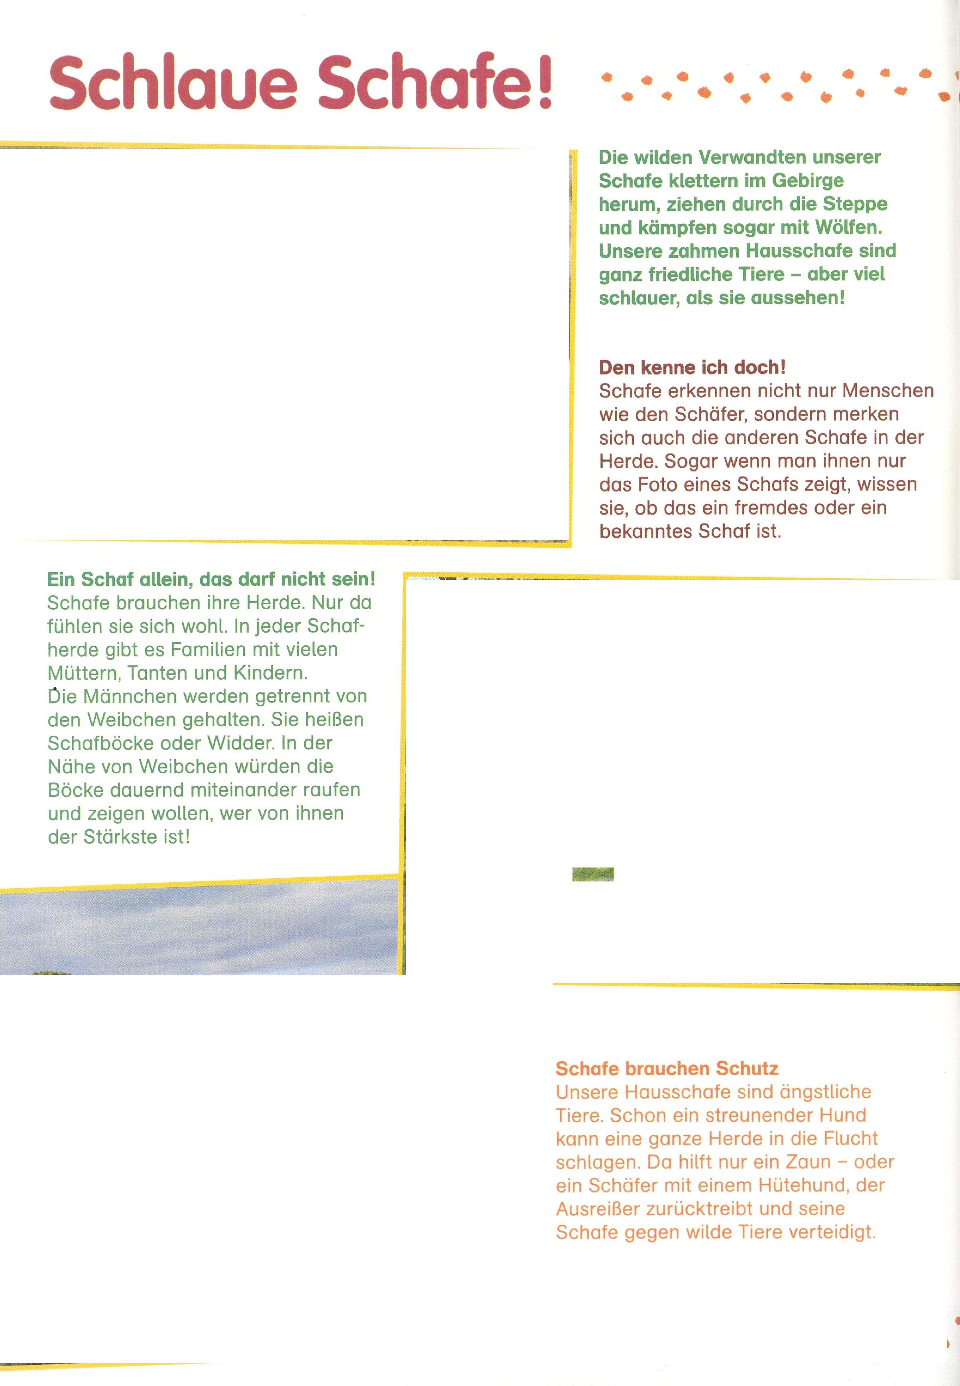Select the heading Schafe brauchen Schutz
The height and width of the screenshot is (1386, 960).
click(x=667, y=1068)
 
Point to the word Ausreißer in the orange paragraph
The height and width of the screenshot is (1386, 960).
click(x=598, y=1209)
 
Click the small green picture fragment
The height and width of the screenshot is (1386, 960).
click(x=593, y=874)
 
